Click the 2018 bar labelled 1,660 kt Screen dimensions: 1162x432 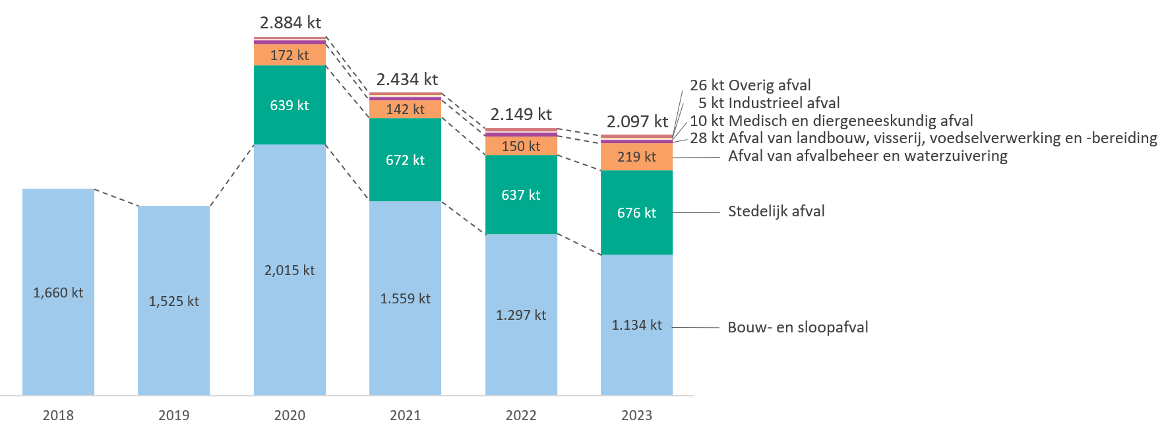tap(58, 292)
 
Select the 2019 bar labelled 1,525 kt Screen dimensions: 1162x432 tap(173, 301)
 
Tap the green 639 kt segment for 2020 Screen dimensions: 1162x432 tap(290, 105)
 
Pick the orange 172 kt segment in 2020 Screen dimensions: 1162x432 tap(290, 55)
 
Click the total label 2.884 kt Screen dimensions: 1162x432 tap(290, 22)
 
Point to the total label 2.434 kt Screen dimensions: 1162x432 tap(407, 79)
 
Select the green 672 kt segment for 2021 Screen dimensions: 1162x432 tap(405, 160)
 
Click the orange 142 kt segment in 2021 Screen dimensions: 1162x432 tap(405, 109)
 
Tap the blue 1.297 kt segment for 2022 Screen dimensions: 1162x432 tap(521, 315)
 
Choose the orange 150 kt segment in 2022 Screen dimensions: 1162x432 tap(521, 146)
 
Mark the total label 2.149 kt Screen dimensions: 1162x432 tap(521, 114)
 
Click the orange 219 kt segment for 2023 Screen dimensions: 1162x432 tap(636, 157)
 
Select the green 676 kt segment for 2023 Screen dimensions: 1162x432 tap(636, 212)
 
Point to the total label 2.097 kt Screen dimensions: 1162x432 tap(637, 121)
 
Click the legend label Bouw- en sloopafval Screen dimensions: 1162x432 tap(797, 327)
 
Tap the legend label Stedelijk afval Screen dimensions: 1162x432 tap(776, 211)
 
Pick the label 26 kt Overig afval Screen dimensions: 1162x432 tap(750, 85)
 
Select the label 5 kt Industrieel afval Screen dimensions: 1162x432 tap(769, 103)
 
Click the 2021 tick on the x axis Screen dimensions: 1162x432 tap(405, 415)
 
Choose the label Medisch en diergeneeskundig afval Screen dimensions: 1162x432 tap(851, 121)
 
